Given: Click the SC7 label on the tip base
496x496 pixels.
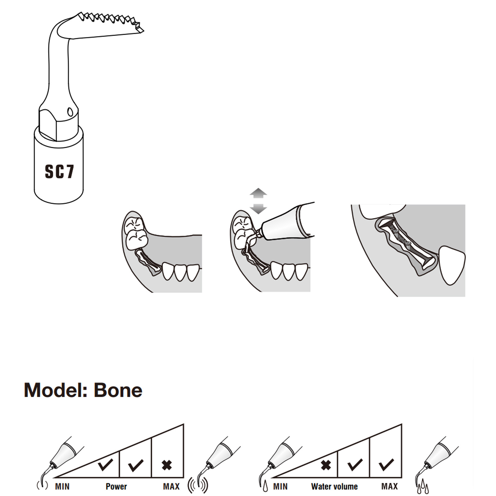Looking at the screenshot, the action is (60, 171).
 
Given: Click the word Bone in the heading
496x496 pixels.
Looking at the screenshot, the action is (118, 390).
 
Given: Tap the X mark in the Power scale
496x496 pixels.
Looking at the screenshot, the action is (167, 465).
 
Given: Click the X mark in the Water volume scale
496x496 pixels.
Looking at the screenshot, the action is (326, 465).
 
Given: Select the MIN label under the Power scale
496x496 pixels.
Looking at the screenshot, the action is (62, 486).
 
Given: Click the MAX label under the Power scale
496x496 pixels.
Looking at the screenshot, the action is (171, 486).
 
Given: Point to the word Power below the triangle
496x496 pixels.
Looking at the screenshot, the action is (116, 486).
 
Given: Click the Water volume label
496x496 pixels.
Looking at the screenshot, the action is (334, 486).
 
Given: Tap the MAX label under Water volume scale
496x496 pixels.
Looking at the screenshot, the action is (389, 486).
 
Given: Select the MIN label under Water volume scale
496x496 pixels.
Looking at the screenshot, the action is (280, 486).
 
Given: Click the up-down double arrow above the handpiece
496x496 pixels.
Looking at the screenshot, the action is (258, 201).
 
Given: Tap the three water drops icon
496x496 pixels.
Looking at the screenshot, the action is (423, 487).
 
